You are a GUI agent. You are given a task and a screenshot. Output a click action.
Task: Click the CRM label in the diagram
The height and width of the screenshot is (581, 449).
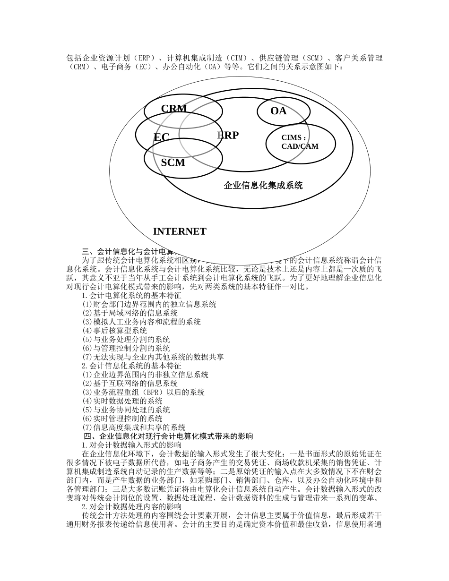point(174,109)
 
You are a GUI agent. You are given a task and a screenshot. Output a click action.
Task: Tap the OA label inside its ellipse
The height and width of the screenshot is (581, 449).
point(278,111)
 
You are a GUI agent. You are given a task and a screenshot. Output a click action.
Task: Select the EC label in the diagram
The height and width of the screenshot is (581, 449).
point(161,137)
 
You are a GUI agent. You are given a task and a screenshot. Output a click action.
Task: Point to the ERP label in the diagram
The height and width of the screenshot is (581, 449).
point(228,136)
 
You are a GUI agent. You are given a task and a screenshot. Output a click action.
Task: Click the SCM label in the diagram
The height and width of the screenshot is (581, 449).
point(173,163)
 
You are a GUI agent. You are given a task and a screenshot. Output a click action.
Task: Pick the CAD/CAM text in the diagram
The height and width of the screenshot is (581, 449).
point(300,146)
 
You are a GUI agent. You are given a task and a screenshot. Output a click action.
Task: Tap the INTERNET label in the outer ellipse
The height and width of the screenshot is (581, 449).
point(180,231)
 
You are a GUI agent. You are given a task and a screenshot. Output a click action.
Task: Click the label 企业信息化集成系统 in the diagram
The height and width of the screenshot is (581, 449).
point(263,186)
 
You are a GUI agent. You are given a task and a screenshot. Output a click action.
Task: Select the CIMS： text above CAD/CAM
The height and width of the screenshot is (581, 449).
point(294,138)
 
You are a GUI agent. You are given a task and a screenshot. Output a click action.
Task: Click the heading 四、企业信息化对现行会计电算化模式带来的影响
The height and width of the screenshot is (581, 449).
point(168,436)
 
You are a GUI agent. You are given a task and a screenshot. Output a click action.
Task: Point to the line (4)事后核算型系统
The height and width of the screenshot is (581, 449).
point(114,331)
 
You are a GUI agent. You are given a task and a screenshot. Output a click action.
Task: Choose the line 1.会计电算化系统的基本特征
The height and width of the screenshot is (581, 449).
point(131,296)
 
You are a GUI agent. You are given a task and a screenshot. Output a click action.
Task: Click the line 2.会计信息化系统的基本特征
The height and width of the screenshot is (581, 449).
point(131,366)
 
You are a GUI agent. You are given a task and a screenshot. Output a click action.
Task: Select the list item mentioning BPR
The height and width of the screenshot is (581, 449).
point(143,392)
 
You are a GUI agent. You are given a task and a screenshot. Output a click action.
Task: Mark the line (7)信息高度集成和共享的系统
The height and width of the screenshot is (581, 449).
point(134,427)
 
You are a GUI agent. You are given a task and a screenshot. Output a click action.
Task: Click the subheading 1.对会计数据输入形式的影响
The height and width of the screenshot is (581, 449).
point(131,445)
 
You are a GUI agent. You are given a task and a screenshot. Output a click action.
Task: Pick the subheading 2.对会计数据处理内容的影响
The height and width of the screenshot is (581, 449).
point(131,506)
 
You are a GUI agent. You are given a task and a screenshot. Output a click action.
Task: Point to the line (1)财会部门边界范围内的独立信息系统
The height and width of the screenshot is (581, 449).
point(149,305)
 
